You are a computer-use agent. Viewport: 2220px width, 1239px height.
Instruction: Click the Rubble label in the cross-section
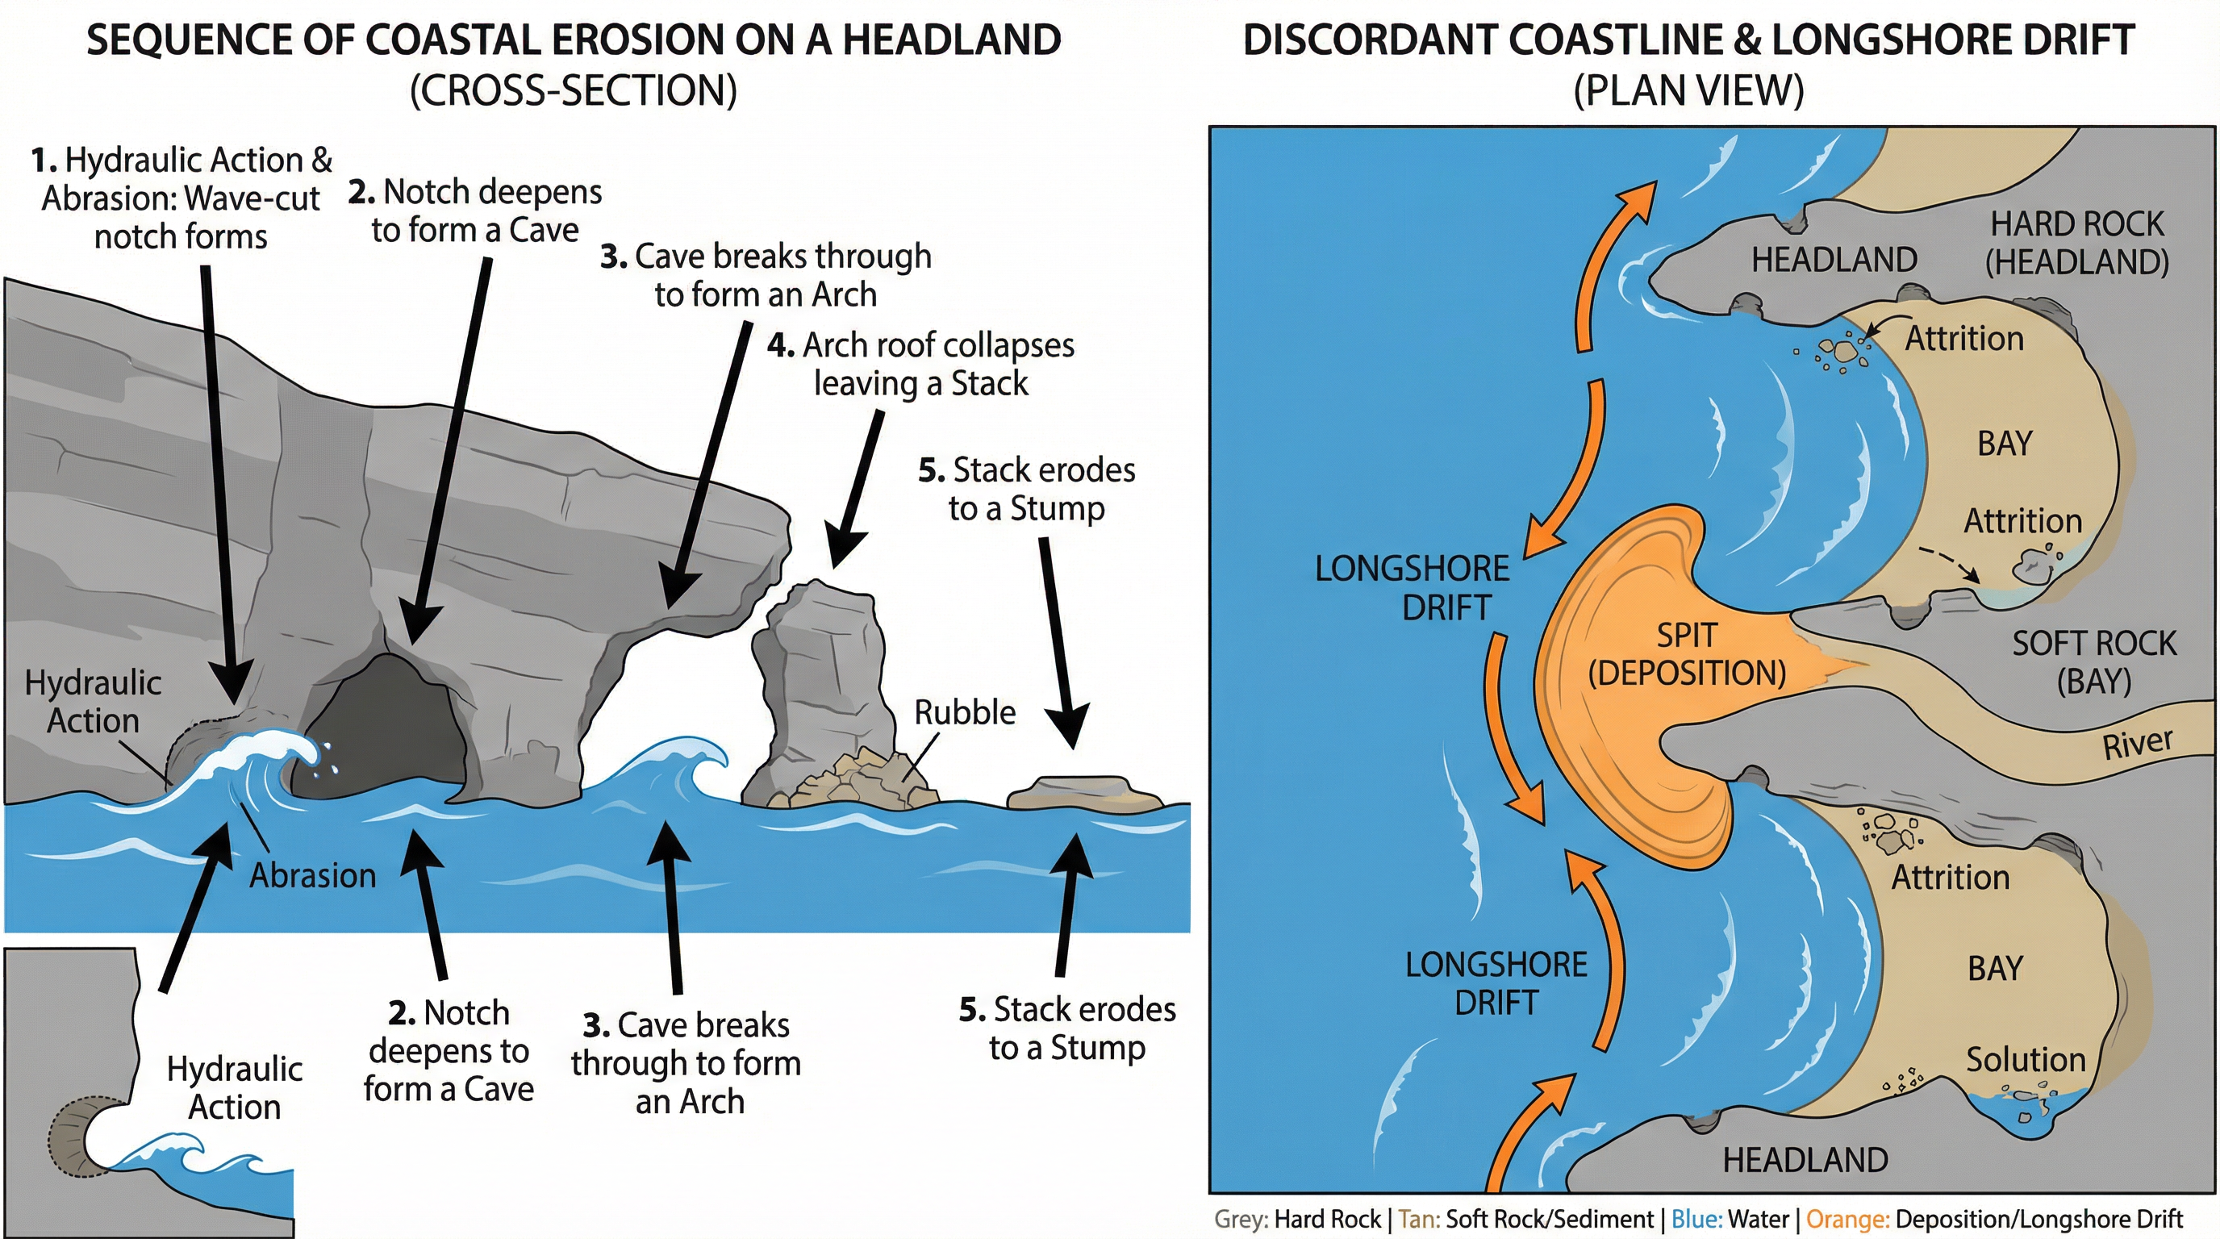click(964, 712)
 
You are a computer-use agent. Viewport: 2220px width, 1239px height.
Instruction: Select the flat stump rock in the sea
click(1085, 793)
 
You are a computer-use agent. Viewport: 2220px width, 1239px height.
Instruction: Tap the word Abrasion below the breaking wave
click(313, 875)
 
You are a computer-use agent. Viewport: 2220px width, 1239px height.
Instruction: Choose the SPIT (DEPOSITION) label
click(1687, 654)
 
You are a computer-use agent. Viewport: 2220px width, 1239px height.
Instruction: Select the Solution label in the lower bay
click(2026, 1060)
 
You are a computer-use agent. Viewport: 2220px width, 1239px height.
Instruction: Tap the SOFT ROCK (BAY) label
click(2093, 661)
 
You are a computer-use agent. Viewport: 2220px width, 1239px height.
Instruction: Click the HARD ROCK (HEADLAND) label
click(2077, 242)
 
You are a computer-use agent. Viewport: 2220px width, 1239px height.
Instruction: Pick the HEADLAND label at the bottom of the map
click(1805, 1160)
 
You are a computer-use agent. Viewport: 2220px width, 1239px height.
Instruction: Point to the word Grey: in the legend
click(1240, 1219)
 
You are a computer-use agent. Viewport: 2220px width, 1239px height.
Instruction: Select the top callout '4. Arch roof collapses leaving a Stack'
click(920, 364)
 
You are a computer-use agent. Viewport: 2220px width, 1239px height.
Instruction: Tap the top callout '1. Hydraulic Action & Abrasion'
click(181, 198)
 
